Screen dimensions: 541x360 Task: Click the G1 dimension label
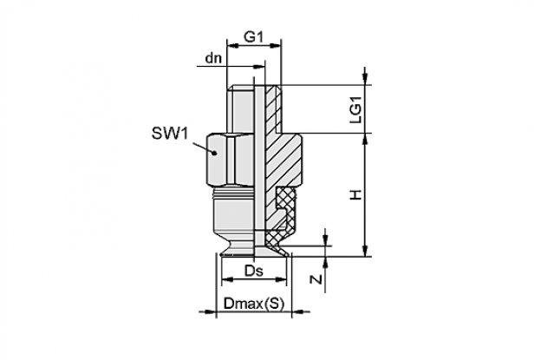[x=253, y=36]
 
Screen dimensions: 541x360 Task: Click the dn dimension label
[x=213, y=58]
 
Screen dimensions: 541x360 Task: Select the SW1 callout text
[x=170, y=134]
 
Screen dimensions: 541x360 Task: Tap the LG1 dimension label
[x=355, y=109]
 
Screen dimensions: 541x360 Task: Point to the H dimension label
[x=355, y=195]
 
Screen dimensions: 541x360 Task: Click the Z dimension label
[x=316, y=279]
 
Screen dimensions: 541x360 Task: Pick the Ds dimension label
[x=253, y=271]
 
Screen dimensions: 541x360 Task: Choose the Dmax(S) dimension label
[x=254, y=304]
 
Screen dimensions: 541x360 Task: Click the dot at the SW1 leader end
[x=215, y=152]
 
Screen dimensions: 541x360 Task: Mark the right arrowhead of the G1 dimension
[x=275, y=45]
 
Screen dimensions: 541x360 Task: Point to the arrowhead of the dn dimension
[x=259, y=66]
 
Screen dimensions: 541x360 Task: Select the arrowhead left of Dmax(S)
[x=210, y=311]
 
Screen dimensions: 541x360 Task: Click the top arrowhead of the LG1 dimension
[x=366, y=79]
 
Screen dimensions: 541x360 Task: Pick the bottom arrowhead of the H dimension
[x=366, y=251]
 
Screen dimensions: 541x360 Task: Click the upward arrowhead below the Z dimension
[x=325, y=263]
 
